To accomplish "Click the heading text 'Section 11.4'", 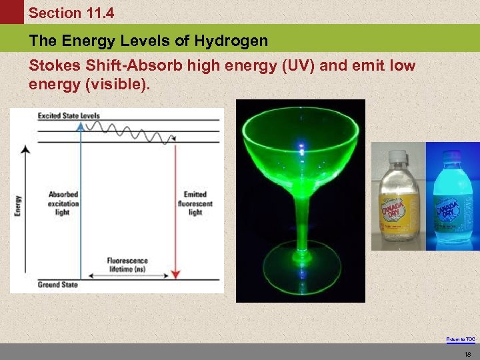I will point(71,13).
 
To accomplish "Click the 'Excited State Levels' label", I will point(69,116).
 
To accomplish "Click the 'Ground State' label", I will point(58,285).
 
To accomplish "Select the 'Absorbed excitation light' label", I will point(63,203).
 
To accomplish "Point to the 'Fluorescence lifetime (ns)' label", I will point(127,265).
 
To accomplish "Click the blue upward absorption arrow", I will point(81,200).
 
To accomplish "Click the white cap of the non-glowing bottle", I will point(397,158).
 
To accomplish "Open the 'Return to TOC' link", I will point(461,339).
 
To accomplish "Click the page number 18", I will point(467,353).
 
